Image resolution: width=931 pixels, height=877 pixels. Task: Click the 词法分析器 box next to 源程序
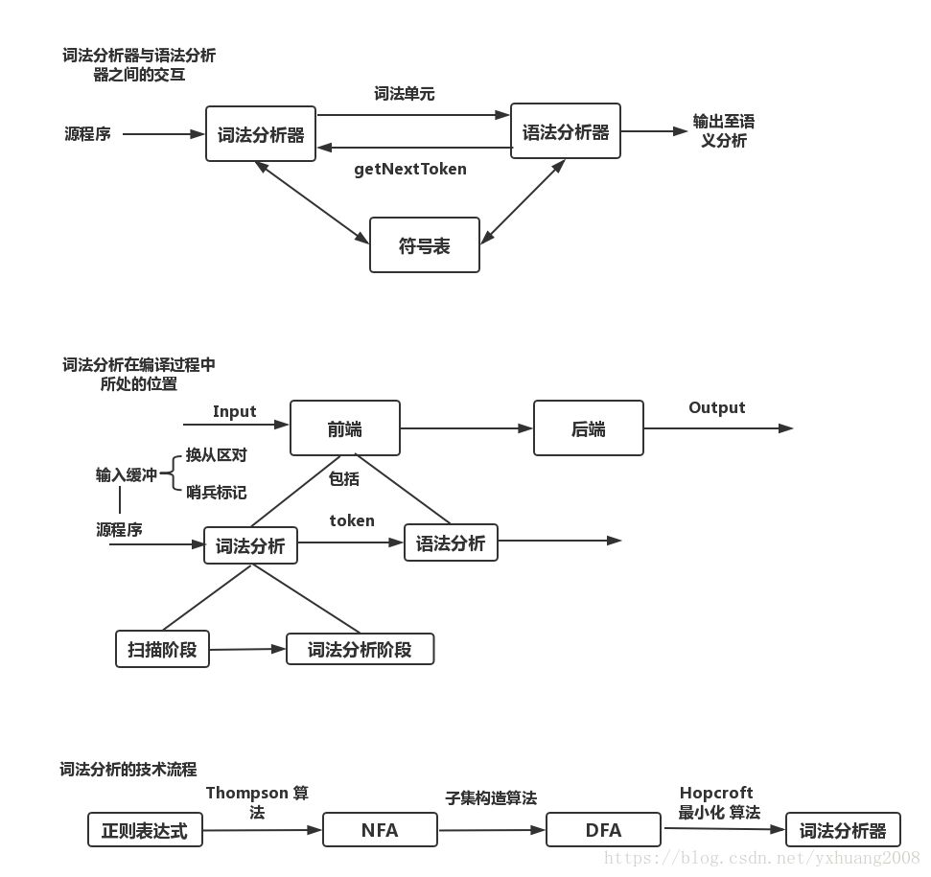(x=261, y=134)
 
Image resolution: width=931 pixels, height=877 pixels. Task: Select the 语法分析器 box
(x=566, y=132)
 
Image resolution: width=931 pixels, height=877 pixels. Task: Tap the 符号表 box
(x=424, y=246)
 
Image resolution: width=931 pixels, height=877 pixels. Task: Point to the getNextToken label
(x=410, y=170)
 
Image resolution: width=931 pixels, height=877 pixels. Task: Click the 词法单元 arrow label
(x=405, y=94)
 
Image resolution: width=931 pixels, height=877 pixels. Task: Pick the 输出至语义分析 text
(x=723, y=131)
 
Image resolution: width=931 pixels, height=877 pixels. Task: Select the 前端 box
(x=345, y=428)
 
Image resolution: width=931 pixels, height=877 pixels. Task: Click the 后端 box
(x=588, y=428)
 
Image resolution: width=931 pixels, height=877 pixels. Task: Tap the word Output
(x=716, y=407)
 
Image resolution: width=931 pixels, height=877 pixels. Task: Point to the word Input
(x=235, y=411)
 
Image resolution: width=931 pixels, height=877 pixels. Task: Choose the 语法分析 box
(x=451, y=543)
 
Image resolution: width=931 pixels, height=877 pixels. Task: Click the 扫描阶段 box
(x=162, y=649)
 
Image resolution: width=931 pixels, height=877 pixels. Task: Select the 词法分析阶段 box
(x=360, y=649)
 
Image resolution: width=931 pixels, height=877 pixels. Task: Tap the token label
(x=352, y=520)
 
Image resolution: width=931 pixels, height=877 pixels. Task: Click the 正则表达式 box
(x=145, y=830)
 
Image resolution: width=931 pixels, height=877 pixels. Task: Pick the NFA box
(x=380, y=830)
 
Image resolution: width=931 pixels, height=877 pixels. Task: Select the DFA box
(x=603, y=830)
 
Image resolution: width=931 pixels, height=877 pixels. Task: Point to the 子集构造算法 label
(x=490, y=797)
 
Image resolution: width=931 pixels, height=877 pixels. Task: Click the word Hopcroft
(x=716, y=793)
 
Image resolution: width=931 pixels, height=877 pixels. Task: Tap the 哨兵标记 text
(x=216, y=492)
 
